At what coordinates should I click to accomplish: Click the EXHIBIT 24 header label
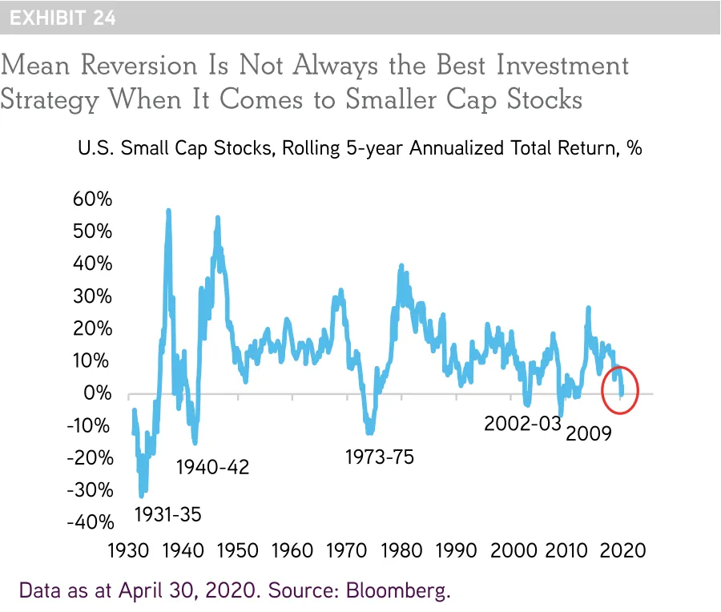(x=62, y=17)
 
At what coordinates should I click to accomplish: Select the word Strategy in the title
(x=50, y=100)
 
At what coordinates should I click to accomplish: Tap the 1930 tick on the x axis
(x=126, y=551)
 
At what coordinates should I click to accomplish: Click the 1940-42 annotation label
(x=212, y=466)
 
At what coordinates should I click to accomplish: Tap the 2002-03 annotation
(x=522, y=424)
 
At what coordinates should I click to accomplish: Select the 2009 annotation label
(x=589, y=434)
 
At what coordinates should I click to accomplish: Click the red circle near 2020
(x=620, y=389)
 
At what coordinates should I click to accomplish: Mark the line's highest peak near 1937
(x=168, y=211)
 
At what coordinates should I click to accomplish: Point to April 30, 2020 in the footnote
(x=189, y=591)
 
